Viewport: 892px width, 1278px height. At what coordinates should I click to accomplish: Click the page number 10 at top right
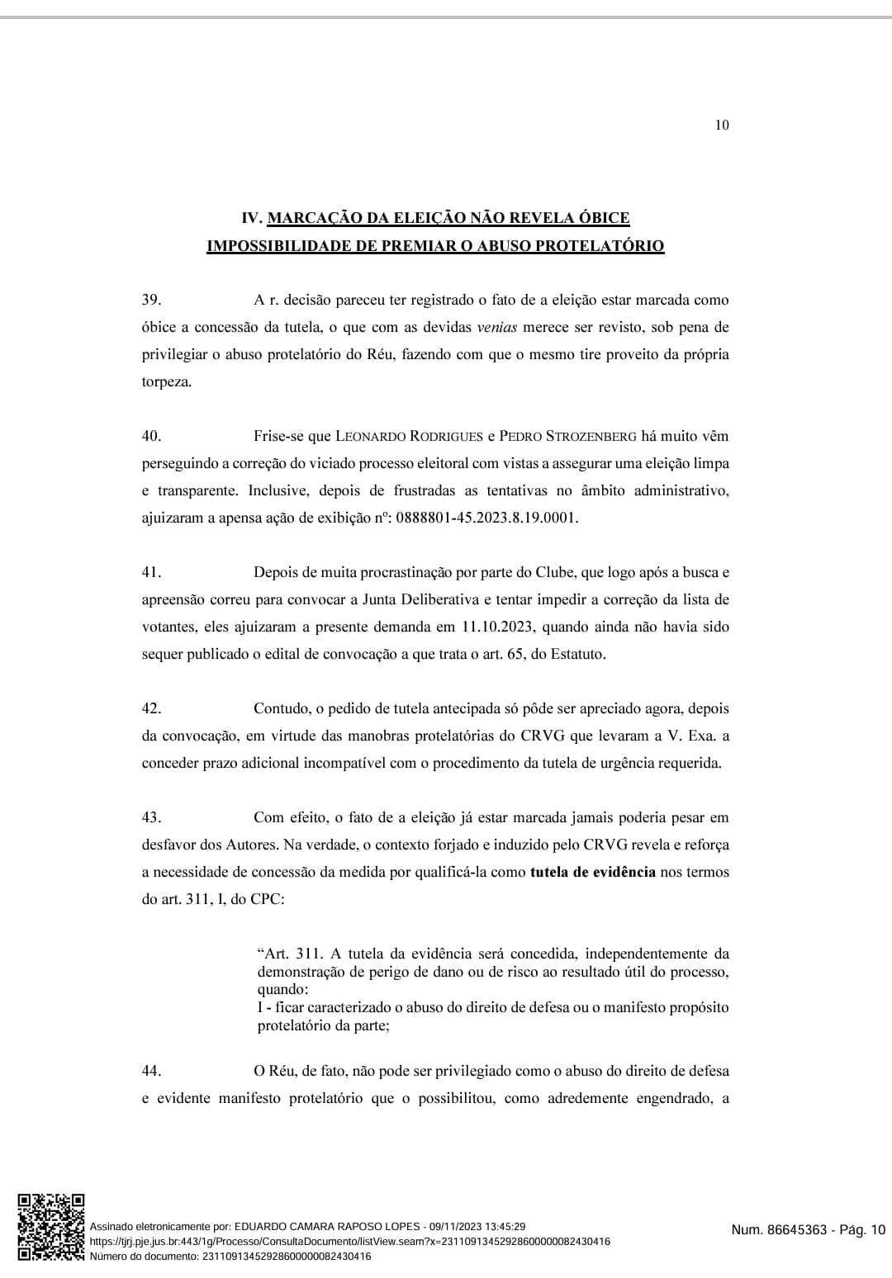[722, 125]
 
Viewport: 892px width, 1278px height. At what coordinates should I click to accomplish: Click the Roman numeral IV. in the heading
[251, 218]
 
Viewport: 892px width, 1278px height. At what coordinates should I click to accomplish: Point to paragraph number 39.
[151, 300]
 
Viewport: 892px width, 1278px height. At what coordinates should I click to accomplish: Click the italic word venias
[497, 327]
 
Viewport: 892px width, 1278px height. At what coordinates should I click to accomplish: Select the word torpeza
[166, 382]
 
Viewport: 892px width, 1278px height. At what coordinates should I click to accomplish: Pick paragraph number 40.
[151, 436]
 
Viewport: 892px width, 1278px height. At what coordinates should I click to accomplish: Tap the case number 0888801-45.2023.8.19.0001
[487, 518]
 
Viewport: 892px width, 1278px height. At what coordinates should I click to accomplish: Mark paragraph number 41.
[151, 572]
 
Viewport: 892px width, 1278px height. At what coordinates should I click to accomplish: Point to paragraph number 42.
[151, 708]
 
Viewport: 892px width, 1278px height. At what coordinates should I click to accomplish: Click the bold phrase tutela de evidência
[592, 872]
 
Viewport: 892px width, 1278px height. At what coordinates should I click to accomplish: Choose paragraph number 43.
[151, 817]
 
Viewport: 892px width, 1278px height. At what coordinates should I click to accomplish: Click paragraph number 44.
[151, 1071]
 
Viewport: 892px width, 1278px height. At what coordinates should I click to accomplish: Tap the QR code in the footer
[51, 1227]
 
